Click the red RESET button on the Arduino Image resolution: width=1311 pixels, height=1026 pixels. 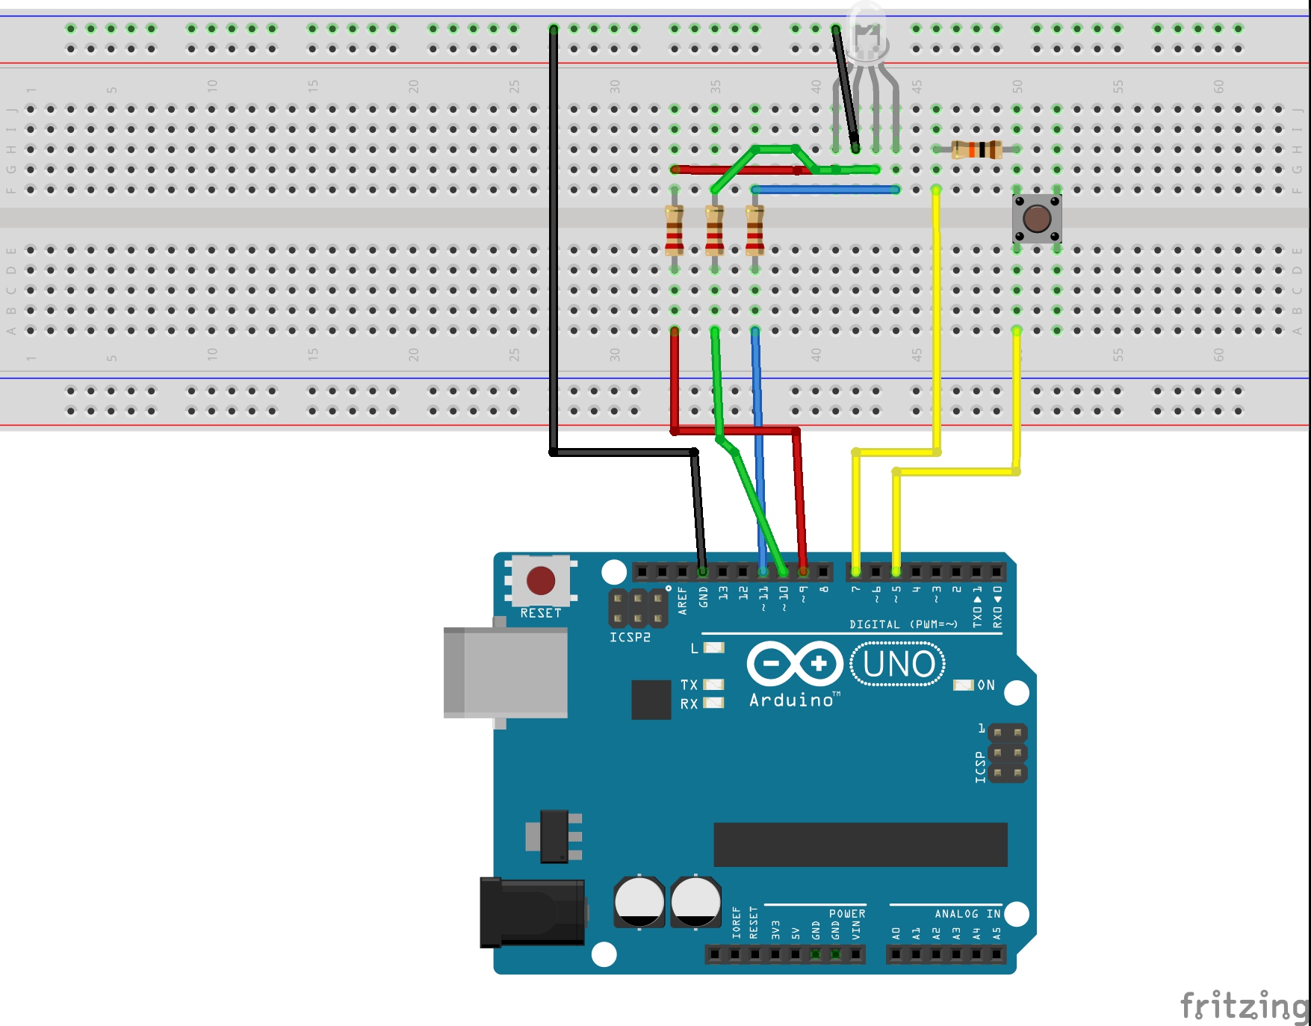pyautogui.click(x=540, y=580)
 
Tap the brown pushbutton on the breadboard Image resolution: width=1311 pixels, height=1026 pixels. pyautogui.click(x=1037, y=219)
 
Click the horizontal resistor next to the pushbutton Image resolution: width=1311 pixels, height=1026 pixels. pyautogui.click(x=976, y=149)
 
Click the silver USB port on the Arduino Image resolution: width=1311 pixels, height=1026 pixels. pyautogui.click(x=506, y=672)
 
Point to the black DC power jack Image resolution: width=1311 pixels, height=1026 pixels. pyautogui.click(x=532, y=912)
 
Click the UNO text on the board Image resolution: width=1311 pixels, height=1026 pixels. pyautogui.click(x=898, y=664)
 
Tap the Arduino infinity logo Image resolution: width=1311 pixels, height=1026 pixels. pyautogui.click(x=795, y=663)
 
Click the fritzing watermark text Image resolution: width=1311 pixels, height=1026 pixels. pyautogui.click(x=1244, y=1006)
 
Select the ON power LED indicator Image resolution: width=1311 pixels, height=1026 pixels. pyautogui.click(x=964, y=685)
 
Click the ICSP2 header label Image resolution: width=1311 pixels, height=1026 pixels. pyautogui.click(x=630, y=637)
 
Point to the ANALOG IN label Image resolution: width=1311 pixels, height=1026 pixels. pyautogui.click(x=967, y=914)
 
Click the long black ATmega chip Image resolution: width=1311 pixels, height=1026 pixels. pyautogui.click(x=860, y=845)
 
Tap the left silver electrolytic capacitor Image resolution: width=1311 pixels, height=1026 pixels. pyautogui.click(x=639, y=901)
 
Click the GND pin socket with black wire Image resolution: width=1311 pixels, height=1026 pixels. pyautogui.click(x=702, y=572)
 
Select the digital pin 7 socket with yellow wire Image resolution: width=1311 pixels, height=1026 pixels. pyautogui.click(x=855, y=572)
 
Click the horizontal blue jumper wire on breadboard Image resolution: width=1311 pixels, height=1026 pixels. pyautogui.click(x=825, y=190)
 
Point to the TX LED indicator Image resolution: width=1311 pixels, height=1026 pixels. pyautogui.click(x=713, y=684)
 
